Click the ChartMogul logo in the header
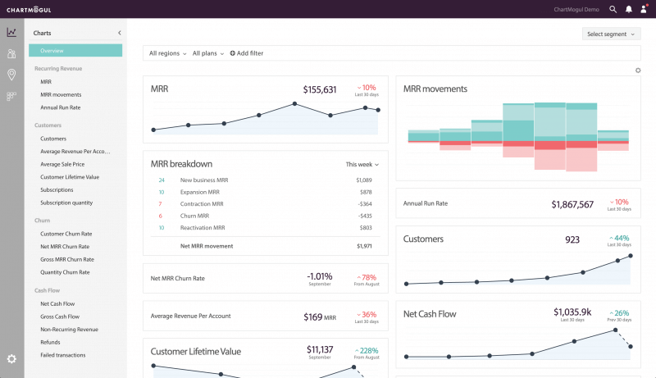point(34,9)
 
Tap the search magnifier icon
point(613,9)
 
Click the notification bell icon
point(628,9)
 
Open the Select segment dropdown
point(611,34)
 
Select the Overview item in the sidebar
point(75,51)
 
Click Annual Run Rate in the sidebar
point(60,107)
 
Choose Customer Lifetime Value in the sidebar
point(70,177)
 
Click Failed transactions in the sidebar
point(63,355)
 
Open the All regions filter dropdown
point(167,53)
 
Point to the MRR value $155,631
point(319,89)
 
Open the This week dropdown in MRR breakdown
point(362,164)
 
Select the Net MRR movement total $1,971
point(364,246)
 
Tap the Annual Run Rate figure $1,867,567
point(572,204)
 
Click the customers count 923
point(572,240)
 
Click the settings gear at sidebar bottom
point(11,359)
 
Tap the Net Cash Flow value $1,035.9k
point(572,312)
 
